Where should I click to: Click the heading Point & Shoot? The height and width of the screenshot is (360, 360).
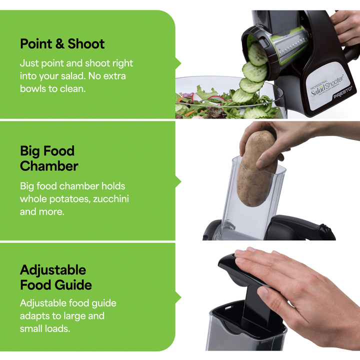pyautogui.click(x=62, y=44)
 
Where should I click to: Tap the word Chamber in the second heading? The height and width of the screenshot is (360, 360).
pyautogui.click(x=49, y=166)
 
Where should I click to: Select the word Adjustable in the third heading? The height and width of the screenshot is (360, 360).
pyautogui.click(x=53, y=270)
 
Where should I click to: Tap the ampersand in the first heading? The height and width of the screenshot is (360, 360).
pyautogui.click(x=60, y=44)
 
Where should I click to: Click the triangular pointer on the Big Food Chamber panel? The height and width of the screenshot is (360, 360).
pyautogui.click(x=178, y=181)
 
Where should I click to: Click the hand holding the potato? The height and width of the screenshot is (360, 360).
pyautogui.click(x=290, y=135)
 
